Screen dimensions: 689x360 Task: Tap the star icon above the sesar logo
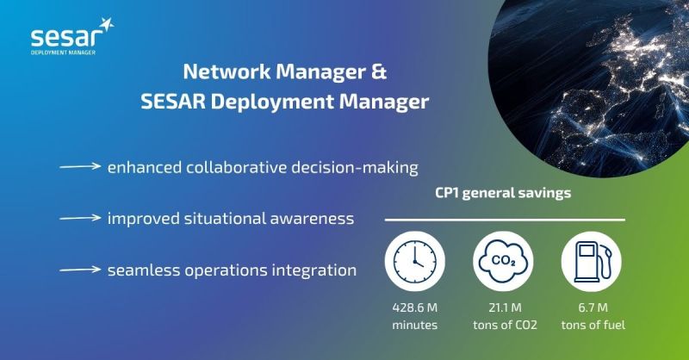point(106,25)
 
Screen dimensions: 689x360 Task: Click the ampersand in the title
point(378,71)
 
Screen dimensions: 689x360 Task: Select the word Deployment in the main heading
point(272,102)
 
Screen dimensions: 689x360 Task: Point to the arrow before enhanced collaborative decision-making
point(80,166)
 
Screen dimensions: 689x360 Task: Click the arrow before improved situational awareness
point(80,218)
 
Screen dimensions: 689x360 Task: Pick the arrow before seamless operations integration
point(80,269)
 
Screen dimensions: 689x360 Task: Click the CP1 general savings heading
point(503,193)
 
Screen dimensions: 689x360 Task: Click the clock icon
point(415,262)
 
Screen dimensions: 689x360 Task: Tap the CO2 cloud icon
point(503,262)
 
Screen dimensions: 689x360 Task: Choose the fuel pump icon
point(592,262)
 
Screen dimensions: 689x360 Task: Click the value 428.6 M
point(415,307)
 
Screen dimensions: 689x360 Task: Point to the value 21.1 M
point(505,307)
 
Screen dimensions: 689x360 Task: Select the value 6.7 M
point(593,307)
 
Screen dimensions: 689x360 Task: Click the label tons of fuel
point(593,326)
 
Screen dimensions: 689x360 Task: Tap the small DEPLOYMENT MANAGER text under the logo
point(63,53)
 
